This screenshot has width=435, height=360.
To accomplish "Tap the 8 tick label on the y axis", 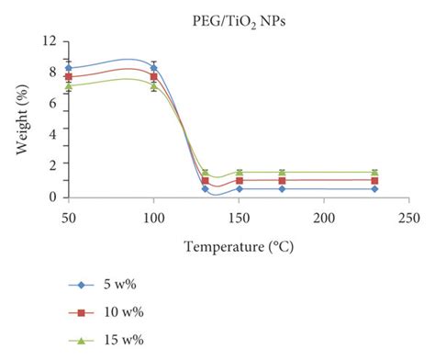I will [54, 72].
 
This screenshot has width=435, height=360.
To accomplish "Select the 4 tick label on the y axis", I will [54, 134].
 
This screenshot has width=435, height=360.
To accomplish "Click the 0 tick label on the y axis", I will [54, 197].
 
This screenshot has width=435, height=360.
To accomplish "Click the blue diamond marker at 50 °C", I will [68, 68].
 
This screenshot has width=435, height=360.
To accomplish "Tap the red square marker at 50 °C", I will [68, 77].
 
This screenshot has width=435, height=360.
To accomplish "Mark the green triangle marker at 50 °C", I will [68, 86].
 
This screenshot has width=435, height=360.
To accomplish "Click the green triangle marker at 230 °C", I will [374, 173].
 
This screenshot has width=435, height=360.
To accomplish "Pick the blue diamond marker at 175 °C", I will [282, 188].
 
